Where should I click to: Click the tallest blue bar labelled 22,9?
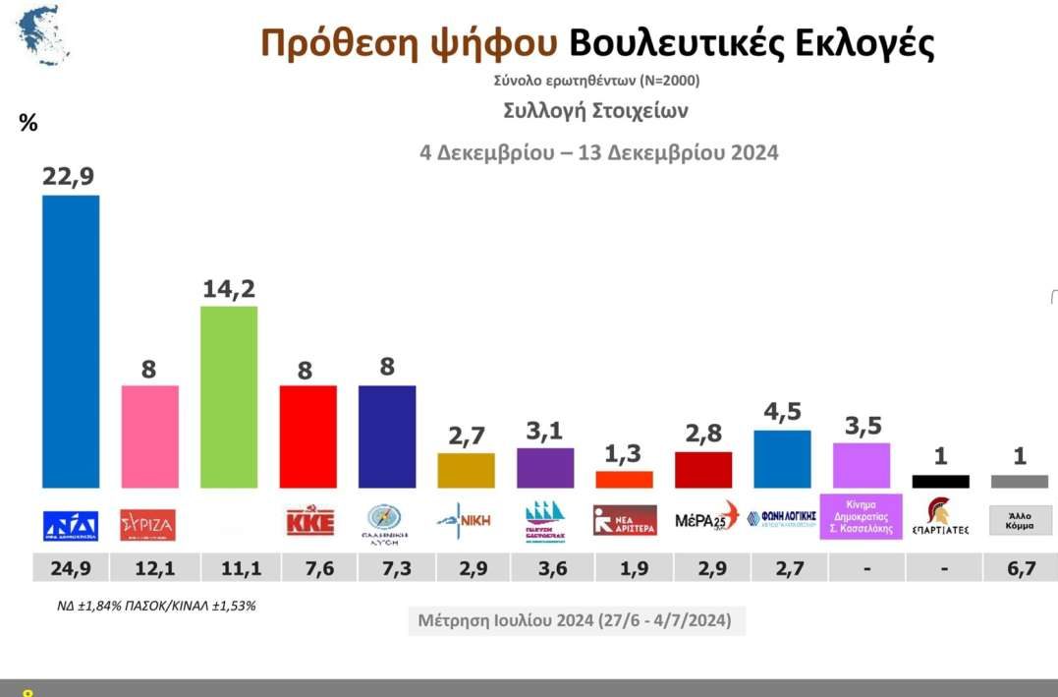point(71,341)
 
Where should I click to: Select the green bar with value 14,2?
point(229,396)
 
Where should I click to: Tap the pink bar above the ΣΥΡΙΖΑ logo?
point(149,436)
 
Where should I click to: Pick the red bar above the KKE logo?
point(308,436)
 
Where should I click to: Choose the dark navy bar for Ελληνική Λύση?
point(387,436)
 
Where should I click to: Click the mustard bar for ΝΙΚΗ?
point(467,470)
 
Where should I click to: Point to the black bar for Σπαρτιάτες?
point(940,482)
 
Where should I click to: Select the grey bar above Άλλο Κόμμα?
point(1020,482)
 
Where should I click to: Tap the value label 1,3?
point(624,454)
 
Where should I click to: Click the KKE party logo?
point(309,520)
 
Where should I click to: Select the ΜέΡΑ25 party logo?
point(706,520)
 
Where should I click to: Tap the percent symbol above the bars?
point(28,124)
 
